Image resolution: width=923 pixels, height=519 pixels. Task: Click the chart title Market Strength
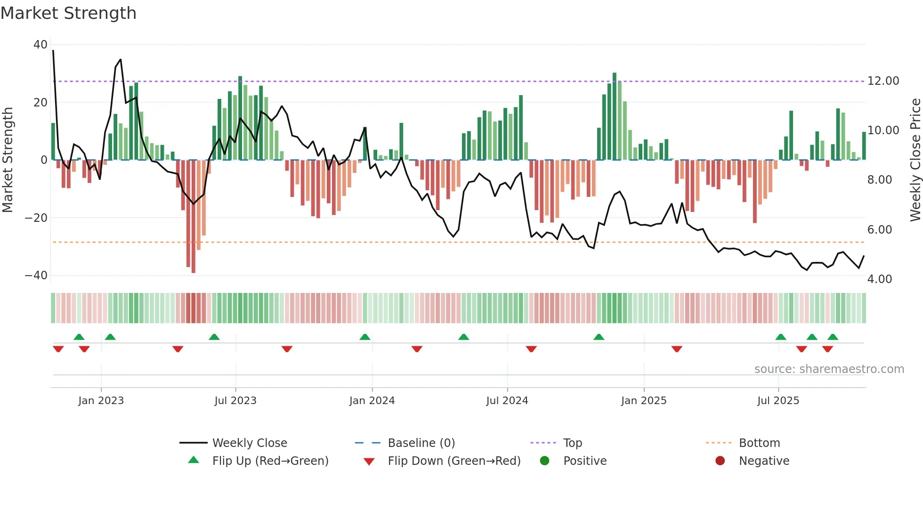coord(68,13)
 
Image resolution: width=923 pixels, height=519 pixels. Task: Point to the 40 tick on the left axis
coord(40,45)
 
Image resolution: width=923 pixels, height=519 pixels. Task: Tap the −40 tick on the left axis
coord(36,276)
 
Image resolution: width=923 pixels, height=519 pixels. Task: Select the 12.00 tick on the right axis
coord(883,81)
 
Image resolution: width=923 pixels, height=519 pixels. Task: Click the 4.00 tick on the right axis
coord(879,279)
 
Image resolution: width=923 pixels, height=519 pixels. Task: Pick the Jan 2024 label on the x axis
coord(372,401)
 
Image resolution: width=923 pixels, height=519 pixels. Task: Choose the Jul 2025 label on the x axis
coord(778,401)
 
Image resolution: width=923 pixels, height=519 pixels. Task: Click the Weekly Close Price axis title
coord(915,160)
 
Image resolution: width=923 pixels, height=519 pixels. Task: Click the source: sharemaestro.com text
coord(829,369)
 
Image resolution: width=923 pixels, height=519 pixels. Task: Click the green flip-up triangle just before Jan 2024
coord(365,337)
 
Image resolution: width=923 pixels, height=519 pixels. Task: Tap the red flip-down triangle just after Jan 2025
coord(677,349)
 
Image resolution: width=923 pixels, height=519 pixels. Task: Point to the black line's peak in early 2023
coord(121,60)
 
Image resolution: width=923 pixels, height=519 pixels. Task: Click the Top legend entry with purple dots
coord(572,443)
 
